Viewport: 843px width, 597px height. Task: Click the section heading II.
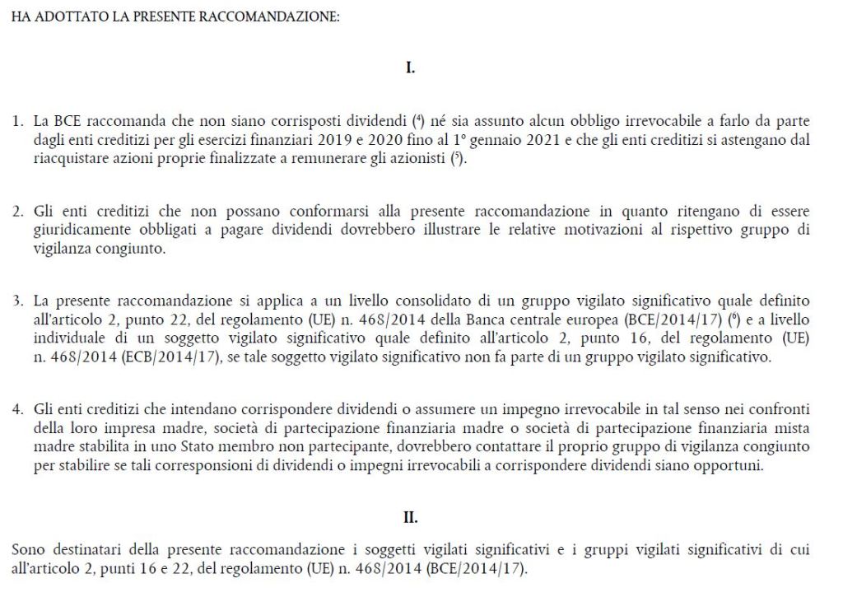[x=410, y=518]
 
